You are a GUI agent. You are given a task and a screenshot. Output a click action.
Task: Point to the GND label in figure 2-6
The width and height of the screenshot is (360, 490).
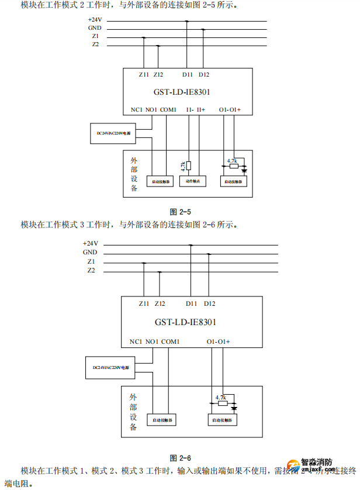pos(90,252)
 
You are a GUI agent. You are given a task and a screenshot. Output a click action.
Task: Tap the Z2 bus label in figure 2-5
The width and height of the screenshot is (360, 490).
pos(95,44)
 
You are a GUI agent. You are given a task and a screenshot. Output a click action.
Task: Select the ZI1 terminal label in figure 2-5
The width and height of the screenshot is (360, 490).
pos(144,74)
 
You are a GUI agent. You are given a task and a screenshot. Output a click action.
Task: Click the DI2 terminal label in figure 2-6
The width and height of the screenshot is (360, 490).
pos(210,303)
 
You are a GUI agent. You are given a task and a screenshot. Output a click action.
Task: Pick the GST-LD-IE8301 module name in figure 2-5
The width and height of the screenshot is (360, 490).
pos(182,92)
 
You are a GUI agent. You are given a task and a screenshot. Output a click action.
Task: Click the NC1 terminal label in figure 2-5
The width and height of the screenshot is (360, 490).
pos(137,109)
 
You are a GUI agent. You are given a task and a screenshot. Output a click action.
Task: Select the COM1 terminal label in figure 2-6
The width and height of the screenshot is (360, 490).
pos(170,341)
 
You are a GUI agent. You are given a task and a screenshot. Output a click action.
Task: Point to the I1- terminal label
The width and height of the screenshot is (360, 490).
pos(190,109)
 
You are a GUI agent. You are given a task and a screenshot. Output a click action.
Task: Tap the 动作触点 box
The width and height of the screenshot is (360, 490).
pos(193,181)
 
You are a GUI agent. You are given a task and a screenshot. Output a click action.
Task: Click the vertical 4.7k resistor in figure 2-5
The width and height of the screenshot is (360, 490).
pos(189,165)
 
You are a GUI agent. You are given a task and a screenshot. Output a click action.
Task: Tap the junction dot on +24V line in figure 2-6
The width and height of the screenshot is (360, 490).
pos(191,246)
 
